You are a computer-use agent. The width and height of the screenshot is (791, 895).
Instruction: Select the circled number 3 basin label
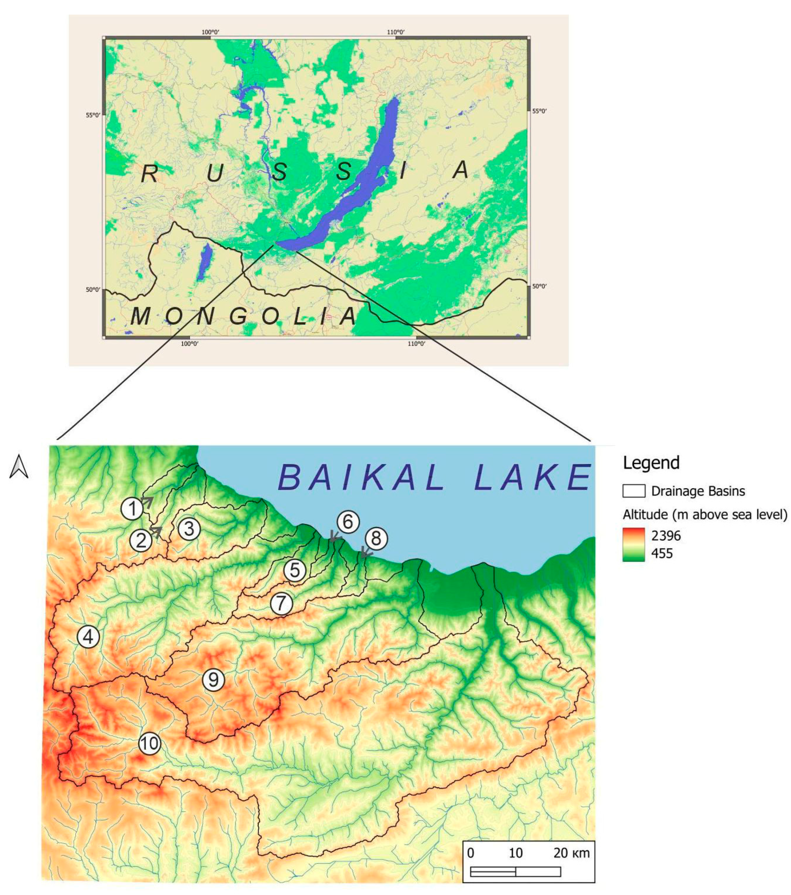[x=189, y=529]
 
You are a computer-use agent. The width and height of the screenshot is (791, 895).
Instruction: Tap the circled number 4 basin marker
[x=88, y=637]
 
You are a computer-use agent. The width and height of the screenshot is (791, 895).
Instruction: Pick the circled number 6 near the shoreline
[x=348, y=522]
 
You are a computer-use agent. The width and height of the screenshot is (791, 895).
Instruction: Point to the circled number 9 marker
[x=214, y=680]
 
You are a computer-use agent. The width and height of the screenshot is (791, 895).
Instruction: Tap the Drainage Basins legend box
[x=634, y=491]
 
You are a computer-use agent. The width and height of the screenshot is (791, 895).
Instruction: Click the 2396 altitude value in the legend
[x=666, y=536]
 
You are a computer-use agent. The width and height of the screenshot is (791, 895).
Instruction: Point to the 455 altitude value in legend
[x=662, y=553]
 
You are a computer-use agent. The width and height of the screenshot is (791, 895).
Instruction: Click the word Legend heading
[x=651, y=463]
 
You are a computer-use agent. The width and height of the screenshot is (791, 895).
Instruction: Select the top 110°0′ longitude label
[x=395, y=32]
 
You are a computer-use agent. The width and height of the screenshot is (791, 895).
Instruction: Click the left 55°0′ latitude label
[x=93, y=115]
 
